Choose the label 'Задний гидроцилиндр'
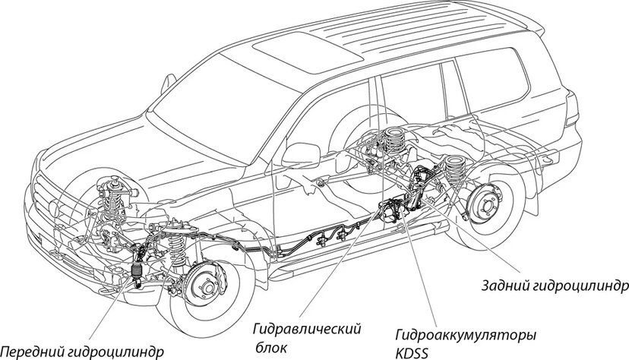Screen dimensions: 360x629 click(555, 286)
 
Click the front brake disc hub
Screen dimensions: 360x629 click(204, 286)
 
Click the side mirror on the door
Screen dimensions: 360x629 click(302, 154)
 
